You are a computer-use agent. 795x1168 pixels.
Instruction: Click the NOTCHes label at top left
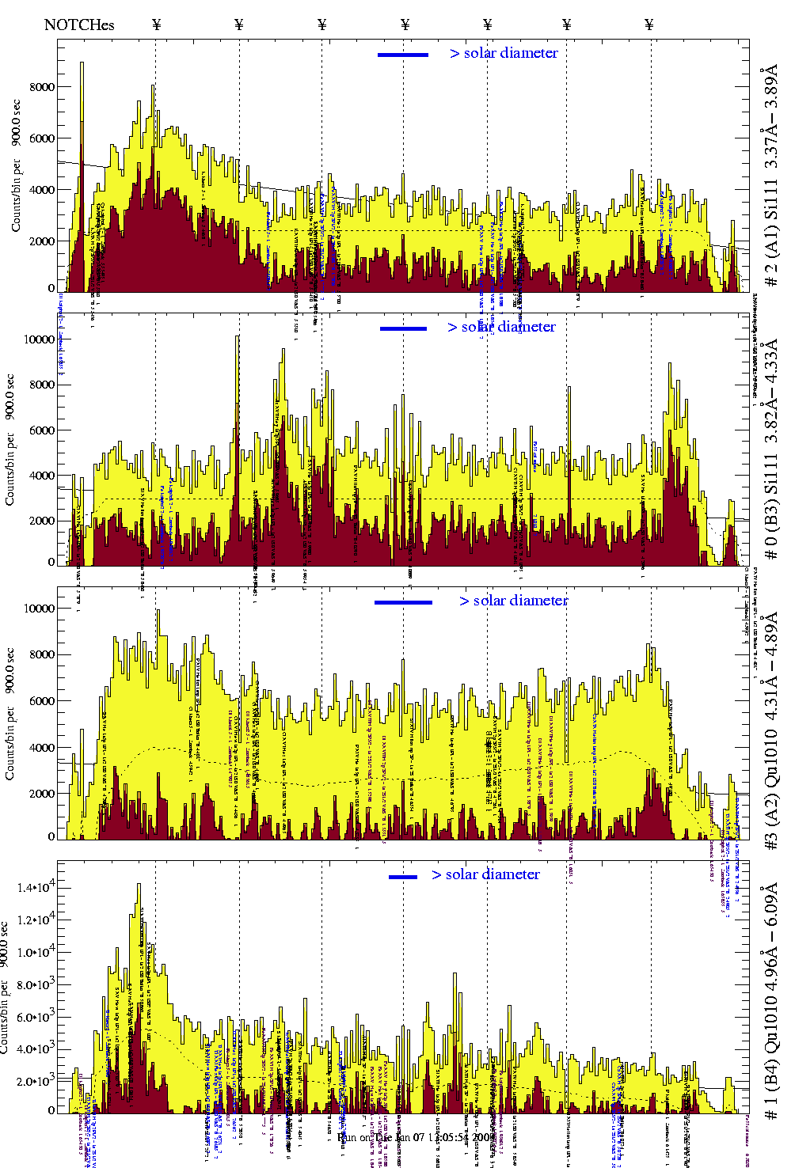[x=79, y=25]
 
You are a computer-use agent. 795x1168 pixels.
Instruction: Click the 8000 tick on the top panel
[x=42, y=87]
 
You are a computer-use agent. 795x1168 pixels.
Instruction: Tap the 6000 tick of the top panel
[x=42, y=138]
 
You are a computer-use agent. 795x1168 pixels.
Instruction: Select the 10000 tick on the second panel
[x=39, y=339]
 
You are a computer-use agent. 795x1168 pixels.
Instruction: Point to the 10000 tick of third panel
[x=39, y=609]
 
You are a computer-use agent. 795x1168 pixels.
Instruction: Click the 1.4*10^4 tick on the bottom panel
[x=36, y=888]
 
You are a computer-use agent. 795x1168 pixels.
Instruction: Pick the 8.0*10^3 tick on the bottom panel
[x=36, y=985]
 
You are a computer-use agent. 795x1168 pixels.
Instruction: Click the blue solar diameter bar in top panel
[x=403, y=55]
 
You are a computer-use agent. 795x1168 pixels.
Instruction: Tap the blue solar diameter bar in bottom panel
[x=403, y=877]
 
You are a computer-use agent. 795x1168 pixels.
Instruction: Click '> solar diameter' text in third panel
[x=513, y=601]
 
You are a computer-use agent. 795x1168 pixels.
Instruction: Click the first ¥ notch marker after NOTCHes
[x=157, y=25]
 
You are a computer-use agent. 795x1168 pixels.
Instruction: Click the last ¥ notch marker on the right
[x=649, y=25]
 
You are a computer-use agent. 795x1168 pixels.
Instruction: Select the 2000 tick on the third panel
[x=42, y=794]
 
